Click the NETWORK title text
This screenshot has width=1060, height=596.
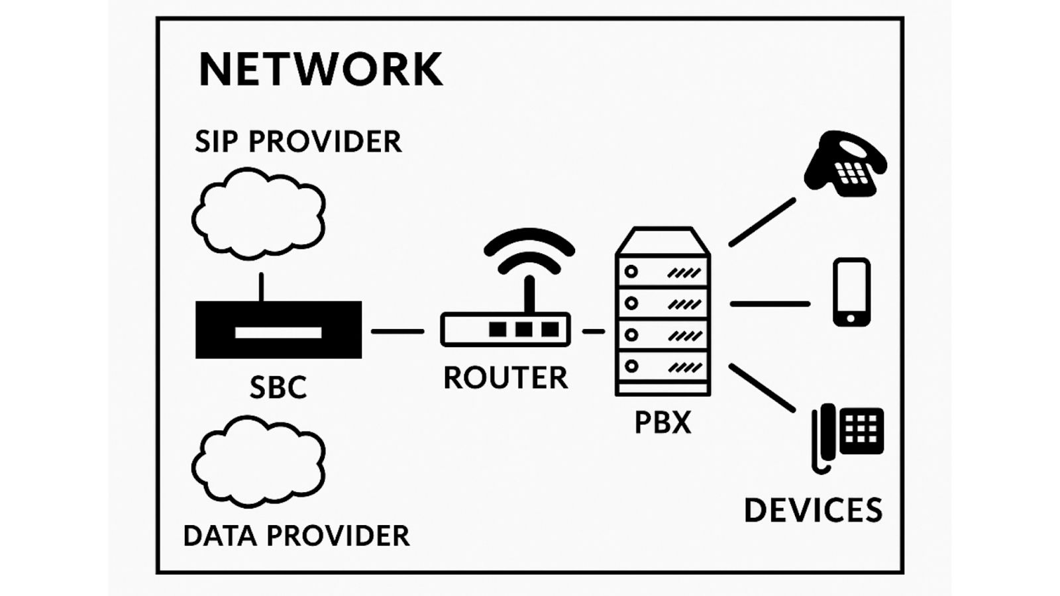tap(321, 69)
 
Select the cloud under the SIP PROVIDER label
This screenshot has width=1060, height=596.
tap(258, 213)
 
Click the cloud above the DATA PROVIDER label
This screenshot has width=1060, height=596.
tap(258, 461)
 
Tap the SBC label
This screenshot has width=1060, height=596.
tap(278, 387)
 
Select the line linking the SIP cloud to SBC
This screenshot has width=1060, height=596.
tap(262, 287)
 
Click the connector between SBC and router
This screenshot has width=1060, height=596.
tap(397, 331)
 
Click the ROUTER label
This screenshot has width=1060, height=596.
tap(505, 378)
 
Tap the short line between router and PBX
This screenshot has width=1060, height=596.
tap(594, 331)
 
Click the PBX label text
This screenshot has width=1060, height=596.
tap(662, 422)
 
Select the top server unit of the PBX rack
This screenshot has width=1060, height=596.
tap(662, 272)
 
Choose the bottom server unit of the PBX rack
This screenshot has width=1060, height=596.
tap(662, 367)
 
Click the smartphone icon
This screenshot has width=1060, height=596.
tap(851, 292)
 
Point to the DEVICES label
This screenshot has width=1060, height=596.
tap(813, 510)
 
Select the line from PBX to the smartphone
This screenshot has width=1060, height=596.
tap(770, 304)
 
